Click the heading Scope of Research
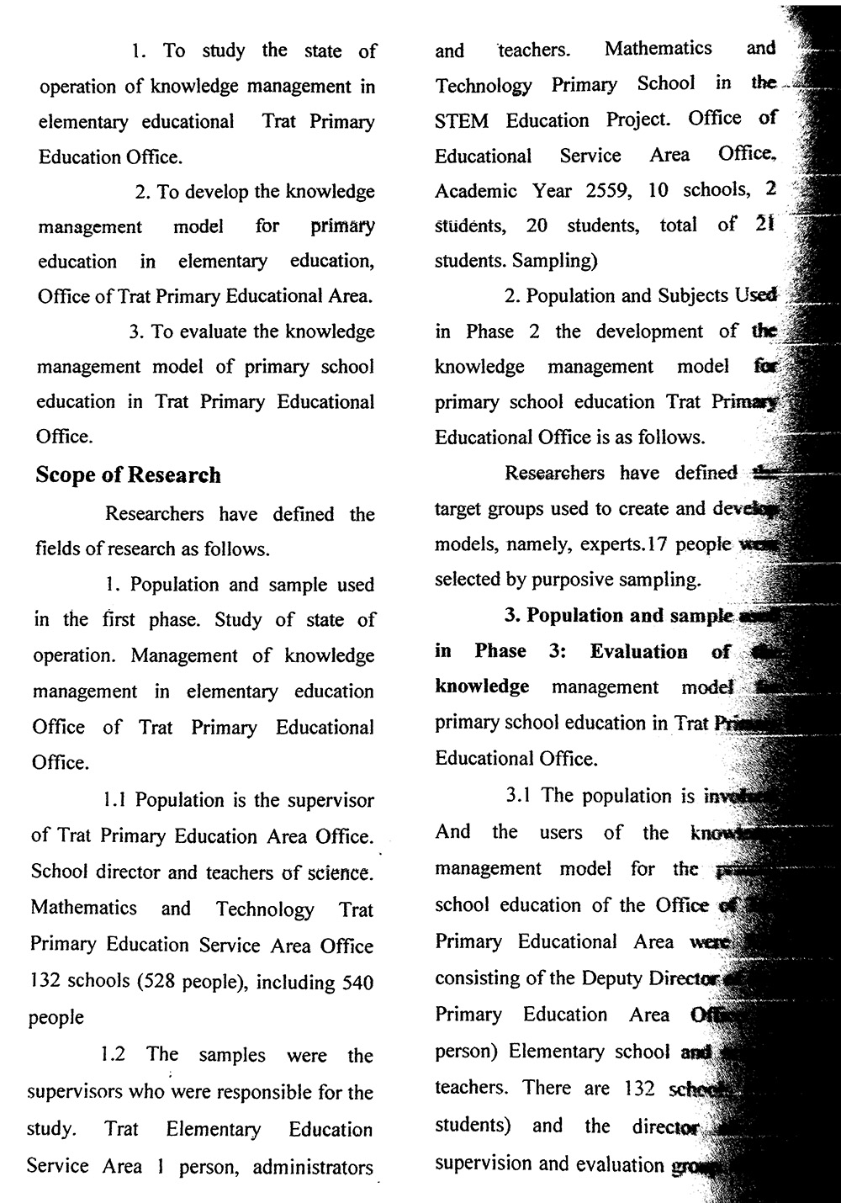(128, 475)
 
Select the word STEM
(461, 120)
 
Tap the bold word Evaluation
(638, 652)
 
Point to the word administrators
(313, 1168)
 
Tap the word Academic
(475, 191)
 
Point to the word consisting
(476, 978)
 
